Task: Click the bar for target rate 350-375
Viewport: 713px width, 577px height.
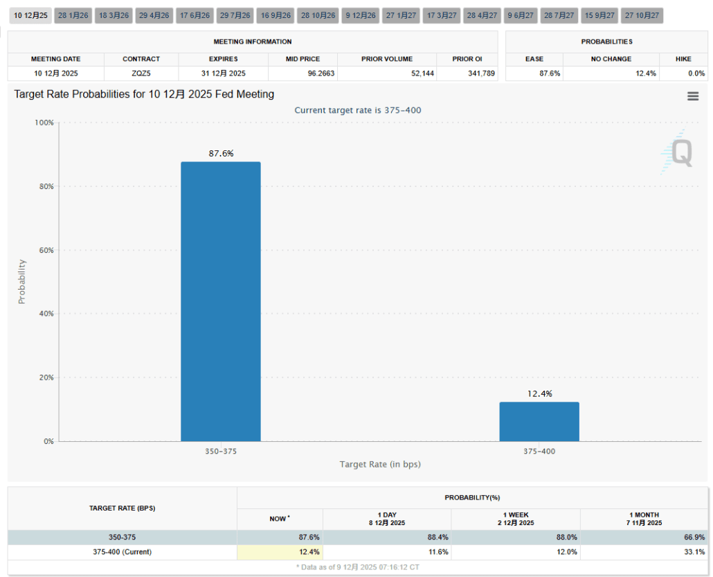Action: (x=221, y=301)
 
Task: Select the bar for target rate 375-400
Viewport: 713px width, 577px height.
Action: (x=539, y=421)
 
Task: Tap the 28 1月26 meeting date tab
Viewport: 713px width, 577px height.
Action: (x=73, y=15)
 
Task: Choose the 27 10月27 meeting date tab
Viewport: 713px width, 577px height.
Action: (x=642, y=15)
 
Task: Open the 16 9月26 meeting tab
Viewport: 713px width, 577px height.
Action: (x=276, y=15)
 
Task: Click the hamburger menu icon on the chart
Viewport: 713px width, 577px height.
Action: (x=692, y=96)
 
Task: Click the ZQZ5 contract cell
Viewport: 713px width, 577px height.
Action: (x=141, y=73)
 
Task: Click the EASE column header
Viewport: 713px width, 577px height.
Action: (x=534, y=59)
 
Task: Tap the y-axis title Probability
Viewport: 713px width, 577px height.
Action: (x=21, y=281)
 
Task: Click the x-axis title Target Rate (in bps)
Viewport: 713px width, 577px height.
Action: (x=380, y=464)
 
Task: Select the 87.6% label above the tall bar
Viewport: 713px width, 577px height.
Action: (x=221, y=153)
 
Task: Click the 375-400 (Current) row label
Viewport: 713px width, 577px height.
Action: (x=122, y=552)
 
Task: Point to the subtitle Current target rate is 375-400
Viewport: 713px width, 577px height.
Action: (x=357, y=110)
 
